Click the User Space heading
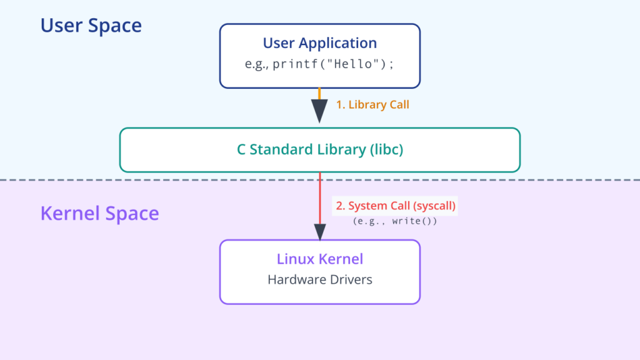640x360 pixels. (x=91, y=25)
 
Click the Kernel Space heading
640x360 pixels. (x=99, y=214)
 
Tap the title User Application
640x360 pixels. (x=320, y=43)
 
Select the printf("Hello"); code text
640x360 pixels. (x=333, y=64)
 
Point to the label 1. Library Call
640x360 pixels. (x=372, y=104)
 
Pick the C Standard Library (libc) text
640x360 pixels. (x=320, y=149)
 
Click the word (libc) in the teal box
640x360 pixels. (x=386, y=149)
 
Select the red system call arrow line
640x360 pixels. (x=320, y=198)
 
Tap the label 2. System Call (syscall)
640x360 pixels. (x=396, y=206)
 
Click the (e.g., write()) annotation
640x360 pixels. (x=395, y=221)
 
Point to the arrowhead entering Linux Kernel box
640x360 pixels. (x=320, y=232)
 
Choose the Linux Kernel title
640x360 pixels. (x=320, y=259)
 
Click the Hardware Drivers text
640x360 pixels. (x=320, y=279)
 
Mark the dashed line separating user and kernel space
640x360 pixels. (x=320, y=179)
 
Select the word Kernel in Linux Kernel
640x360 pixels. (x=341, y=259)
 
